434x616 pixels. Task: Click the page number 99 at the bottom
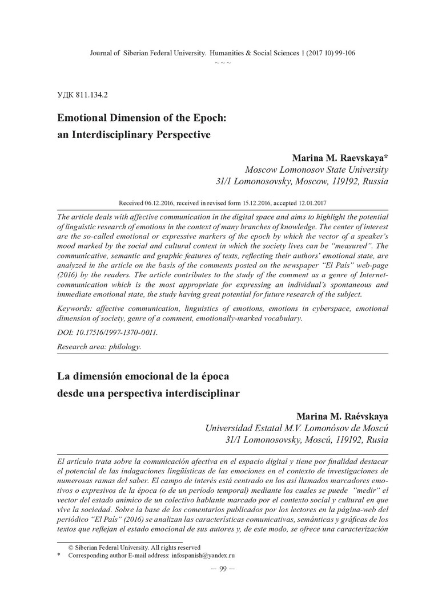tap(223, 568)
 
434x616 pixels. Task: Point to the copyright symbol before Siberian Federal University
tap(70, 546)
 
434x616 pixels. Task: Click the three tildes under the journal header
tap(223, 62)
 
